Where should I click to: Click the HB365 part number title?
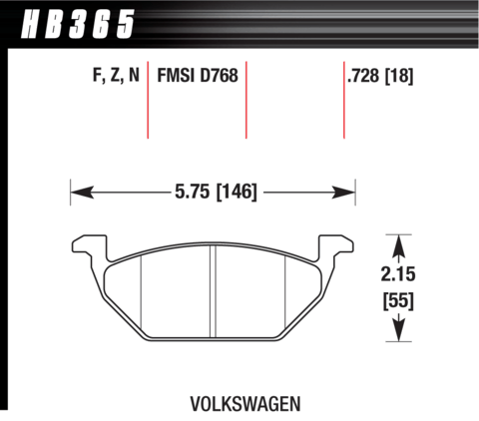pyautogui.click(x=78, y=24)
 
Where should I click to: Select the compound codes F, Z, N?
pyautogui.click(x=116, y=75)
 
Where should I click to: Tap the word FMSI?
pyautogui.click(x=176, y=75)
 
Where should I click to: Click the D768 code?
pyautogui.click(x=219, y=75)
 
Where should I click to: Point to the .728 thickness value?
pyautogui.click(x=362, y=75)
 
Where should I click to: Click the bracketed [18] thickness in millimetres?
pyautogui.click(x=399, y=76)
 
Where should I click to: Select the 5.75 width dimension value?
pyautogui.click(x=193, y=192)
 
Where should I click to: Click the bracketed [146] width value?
pyautogui.click(x=237, y=193)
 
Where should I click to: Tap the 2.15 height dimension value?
pyautogui.click(x=398, y=274)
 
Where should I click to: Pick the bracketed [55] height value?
pyautogui.click(x=398, y=301)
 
